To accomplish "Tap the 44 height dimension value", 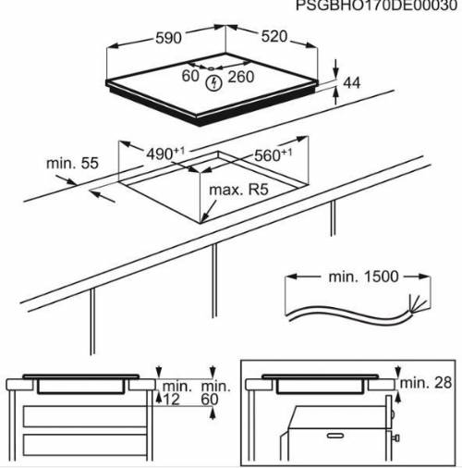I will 351,83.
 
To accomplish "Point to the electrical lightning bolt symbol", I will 215,84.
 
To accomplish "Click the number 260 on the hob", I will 240,76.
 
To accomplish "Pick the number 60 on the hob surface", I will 191,76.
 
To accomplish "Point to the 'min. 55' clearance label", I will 71,164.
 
